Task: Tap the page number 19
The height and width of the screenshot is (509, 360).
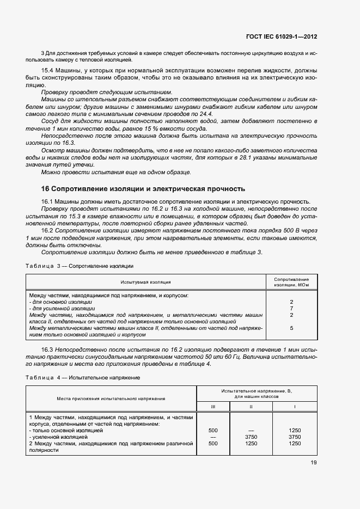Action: click(x=313, y=463)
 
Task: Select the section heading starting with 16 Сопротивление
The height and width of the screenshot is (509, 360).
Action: click(x=143, y=189)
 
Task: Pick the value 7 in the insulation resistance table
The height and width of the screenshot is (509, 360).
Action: click(x=291, y=308)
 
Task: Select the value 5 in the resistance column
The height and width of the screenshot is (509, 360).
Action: click(x=291, y=328)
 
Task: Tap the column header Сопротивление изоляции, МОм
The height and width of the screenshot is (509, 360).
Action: click(x=291, y=281)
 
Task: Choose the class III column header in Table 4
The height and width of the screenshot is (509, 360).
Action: click(x=213, y=406)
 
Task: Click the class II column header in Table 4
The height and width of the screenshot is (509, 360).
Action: click(x=251, y=406)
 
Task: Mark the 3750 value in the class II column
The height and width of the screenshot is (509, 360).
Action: click(x=251, y=437)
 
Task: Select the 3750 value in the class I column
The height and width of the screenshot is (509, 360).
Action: click(x=295, y=437)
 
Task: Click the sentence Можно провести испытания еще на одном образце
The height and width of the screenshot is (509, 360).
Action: click(x=116, y=172)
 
